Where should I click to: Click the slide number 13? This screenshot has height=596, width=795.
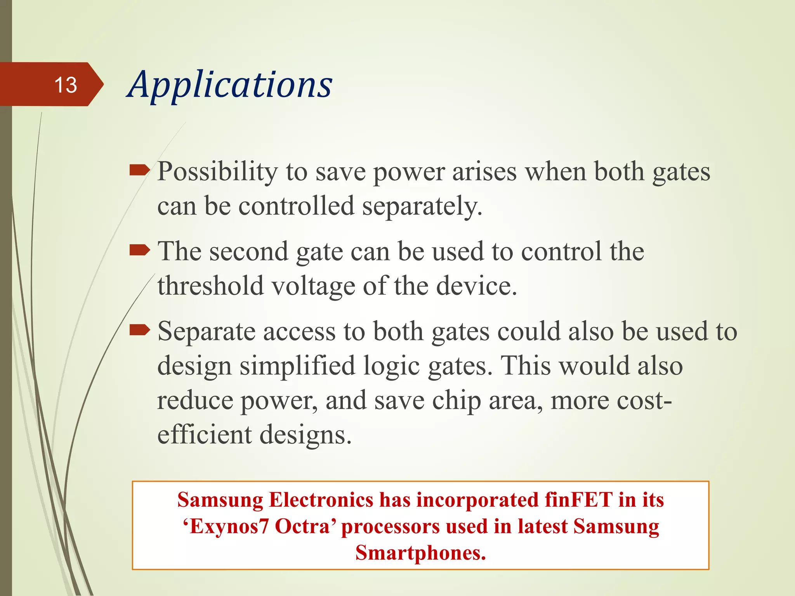[x=66, y=85]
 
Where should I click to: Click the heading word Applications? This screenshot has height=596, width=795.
[x=230, y=85]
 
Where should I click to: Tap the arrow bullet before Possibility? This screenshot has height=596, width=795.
[x=139, y=170]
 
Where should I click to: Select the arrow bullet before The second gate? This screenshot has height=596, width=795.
[x=139, y=250]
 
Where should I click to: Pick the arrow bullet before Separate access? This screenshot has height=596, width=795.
[x=139, y=331]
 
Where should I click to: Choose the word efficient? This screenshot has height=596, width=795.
[x=204, y=435]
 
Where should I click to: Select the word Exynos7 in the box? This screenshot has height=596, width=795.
[x=229, y=527]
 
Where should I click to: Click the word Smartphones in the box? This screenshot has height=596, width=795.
[x=420, y=553]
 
